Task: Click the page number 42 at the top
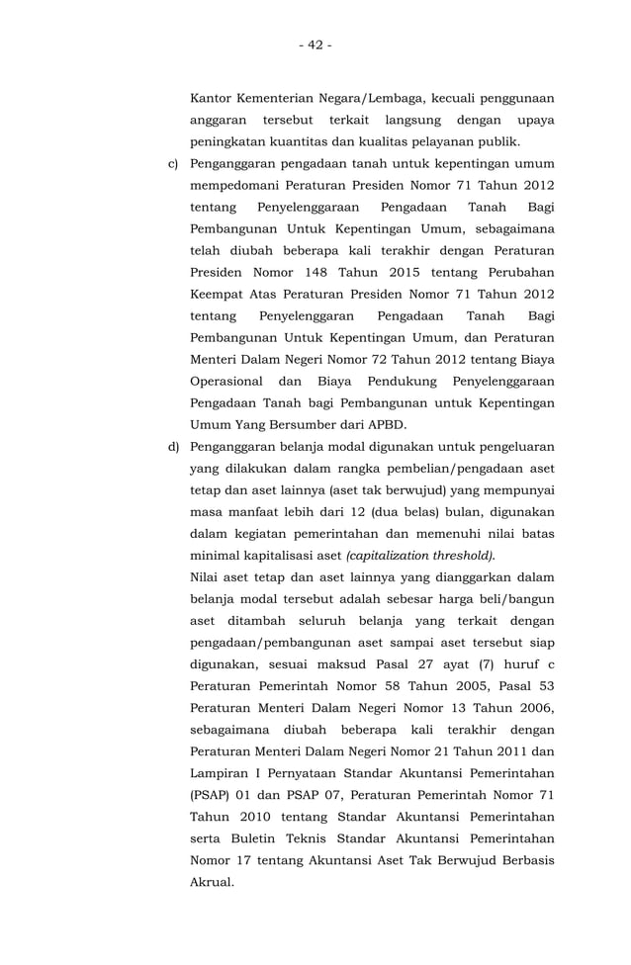pos(315,44)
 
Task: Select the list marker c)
pos(171,163)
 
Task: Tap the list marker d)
pos(171,447)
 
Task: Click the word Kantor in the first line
pos(211,98)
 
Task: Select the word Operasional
pos(226,381)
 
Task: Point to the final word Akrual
pos(212,881)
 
